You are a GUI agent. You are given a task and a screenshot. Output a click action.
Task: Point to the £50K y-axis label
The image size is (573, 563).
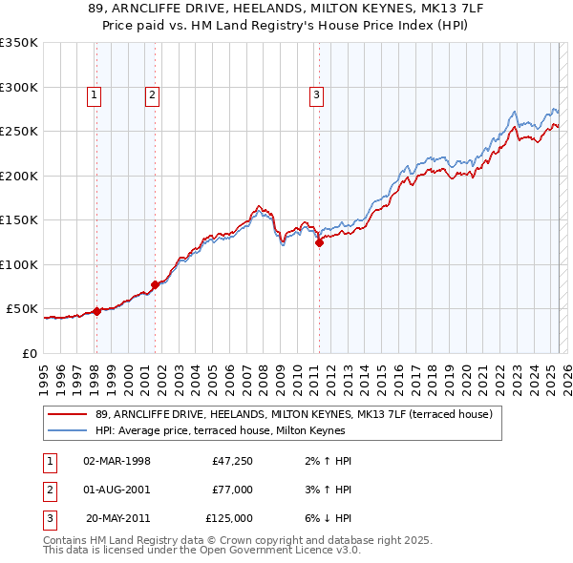click(x=22, y=309)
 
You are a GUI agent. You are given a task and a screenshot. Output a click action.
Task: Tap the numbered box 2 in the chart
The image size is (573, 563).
click(x=153, y=94)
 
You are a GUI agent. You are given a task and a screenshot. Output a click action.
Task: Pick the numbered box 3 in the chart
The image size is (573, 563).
click(x=316, y=94)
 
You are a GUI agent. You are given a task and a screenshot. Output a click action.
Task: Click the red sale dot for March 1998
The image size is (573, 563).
click(x=96, y=311)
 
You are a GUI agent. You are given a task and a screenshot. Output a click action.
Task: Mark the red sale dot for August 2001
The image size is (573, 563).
click(x=155, y=284)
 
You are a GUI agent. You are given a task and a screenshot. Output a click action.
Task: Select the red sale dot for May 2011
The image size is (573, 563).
click(x=319, y=242)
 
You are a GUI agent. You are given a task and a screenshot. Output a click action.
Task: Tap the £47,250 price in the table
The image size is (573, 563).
click(x=232, y=461)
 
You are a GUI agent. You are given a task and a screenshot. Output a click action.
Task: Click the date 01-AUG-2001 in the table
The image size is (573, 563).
click(x=117, y=490)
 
